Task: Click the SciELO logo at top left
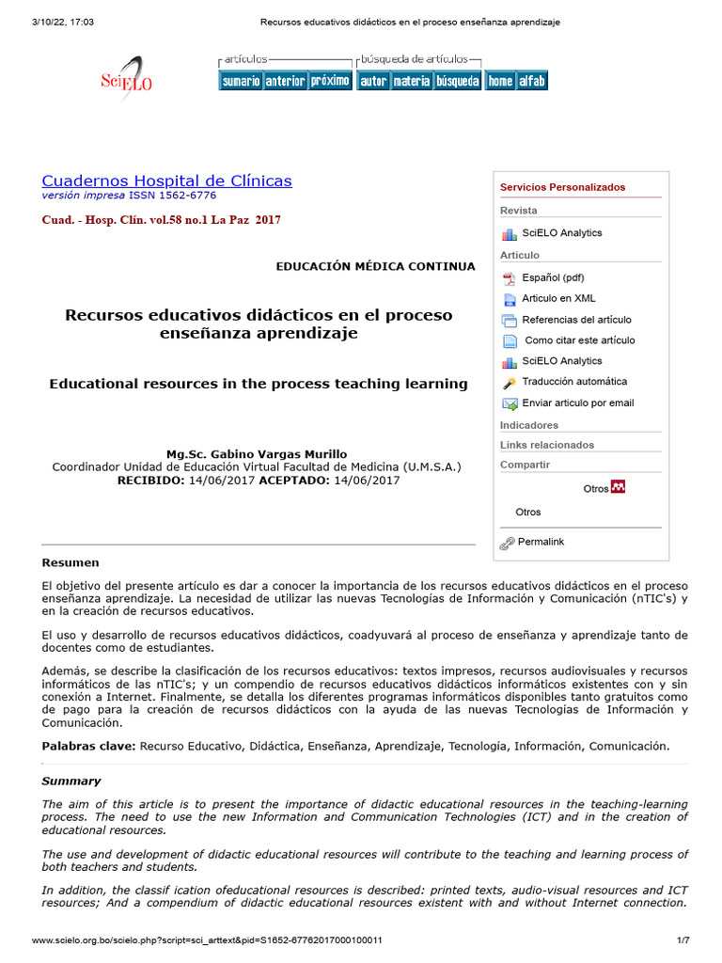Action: (x=126, y=81)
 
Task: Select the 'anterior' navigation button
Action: (x=285, y=81)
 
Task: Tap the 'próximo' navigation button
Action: (x=330, y=81)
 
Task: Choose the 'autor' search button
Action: (x=373, y=81)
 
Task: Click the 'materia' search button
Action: (x=411, y=81)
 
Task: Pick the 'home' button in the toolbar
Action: (x=500, y=81)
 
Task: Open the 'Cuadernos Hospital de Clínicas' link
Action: (x=167, y=181)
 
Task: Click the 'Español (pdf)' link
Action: (x=553, y=277)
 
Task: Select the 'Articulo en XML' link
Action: (x=558, y=298)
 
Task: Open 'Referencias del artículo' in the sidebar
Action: (x=576, y=320)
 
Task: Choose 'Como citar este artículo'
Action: (x=579, y=340)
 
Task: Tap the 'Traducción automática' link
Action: (x=574, y=382)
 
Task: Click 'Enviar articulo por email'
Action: (x=577, y=403)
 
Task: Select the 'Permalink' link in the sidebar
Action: (x=541, y=543)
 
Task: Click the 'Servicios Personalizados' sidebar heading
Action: (x=562, y=187)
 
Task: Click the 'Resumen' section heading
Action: (x=71, y=562)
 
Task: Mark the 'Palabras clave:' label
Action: (x=89, y=746)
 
